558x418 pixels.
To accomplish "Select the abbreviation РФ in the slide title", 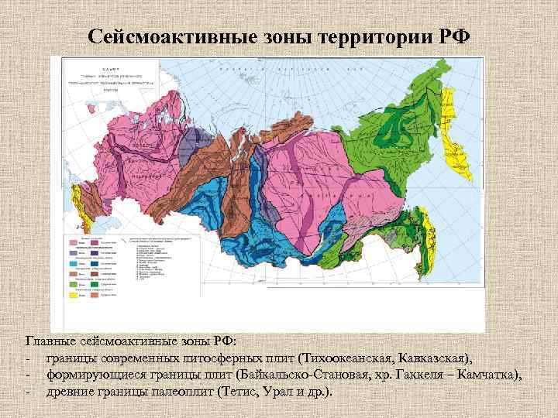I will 450,36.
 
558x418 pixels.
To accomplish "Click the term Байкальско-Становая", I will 295,375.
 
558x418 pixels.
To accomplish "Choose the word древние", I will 69,392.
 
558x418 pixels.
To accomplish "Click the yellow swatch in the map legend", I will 72,294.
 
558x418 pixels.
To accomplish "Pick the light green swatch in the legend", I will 72,284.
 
